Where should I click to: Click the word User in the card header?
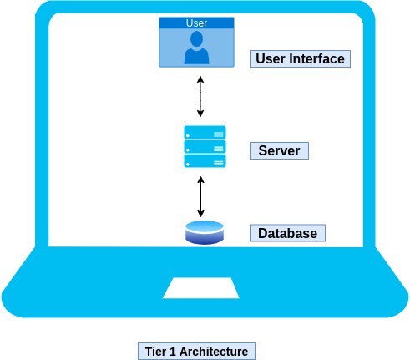(x=196, y=23)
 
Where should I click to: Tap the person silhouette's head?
(x=196, y=38)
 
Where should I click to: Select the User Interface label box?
(x=300, y=58)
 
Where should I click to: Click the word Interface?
(x=316, y=58)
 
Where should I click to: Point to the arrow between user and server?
(x=200, y=96)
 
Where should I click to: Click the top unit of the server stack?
(x=205, y=133)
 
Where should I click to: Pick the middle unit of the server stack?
(x=205, y=147)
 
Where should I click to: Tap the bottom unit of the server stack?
(x=205, y=161)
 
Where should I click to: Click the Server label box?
(x=279, y=150)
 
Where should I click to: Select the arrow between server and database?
(x=200, y=196)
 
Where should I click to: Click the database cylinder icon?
(x=205, y=232)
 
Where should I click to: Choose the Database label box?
(x=287, y=233)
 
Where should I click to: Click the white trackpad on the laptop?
(x=201, y=288)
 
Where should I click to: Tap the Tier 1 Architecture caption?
(x=196, y=352)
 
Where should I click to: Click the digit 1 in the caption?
(x=172, y=352)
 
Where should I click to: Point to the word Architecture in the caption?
(x=214, y=352)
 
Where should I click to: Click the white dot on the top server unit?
(x=188, y=135)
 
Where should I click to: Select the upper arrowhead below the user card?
(x=200, y=79)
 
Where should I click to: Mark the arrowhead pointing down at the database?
(x=200, y=214)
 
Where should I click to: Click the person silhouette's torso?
(x=196, y=56)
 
